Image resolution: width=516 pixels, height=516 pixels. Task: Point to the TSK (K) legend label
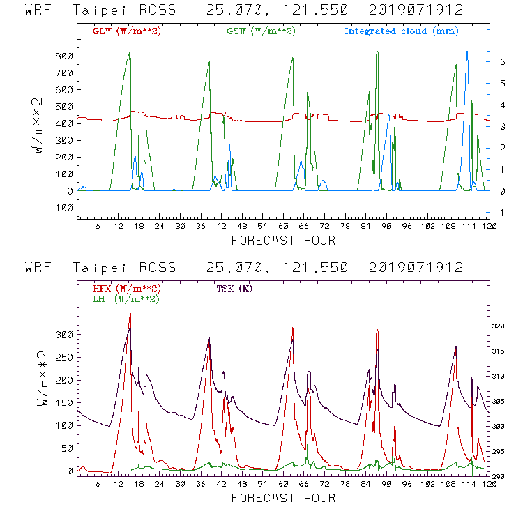[x=235, y=289]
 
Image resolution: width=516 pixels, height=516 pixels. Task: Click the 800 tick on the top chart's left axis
[x=64, y=56]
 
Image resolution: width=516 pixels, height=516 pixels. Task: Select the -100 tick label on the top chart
[x=62, y=208]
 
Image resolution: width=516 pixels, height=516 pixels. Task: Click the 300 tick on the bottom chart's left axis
[x=64, y=335]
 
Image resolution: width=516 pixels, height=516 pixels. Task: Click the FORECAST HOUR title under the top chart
[x=282, y=241]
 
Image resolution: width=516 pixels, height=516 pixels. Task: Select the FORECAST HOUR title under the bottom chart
[x=282, y=499]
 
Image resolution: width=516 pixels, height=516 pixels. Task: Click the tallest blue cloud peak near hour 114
[x=467, y=52]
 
